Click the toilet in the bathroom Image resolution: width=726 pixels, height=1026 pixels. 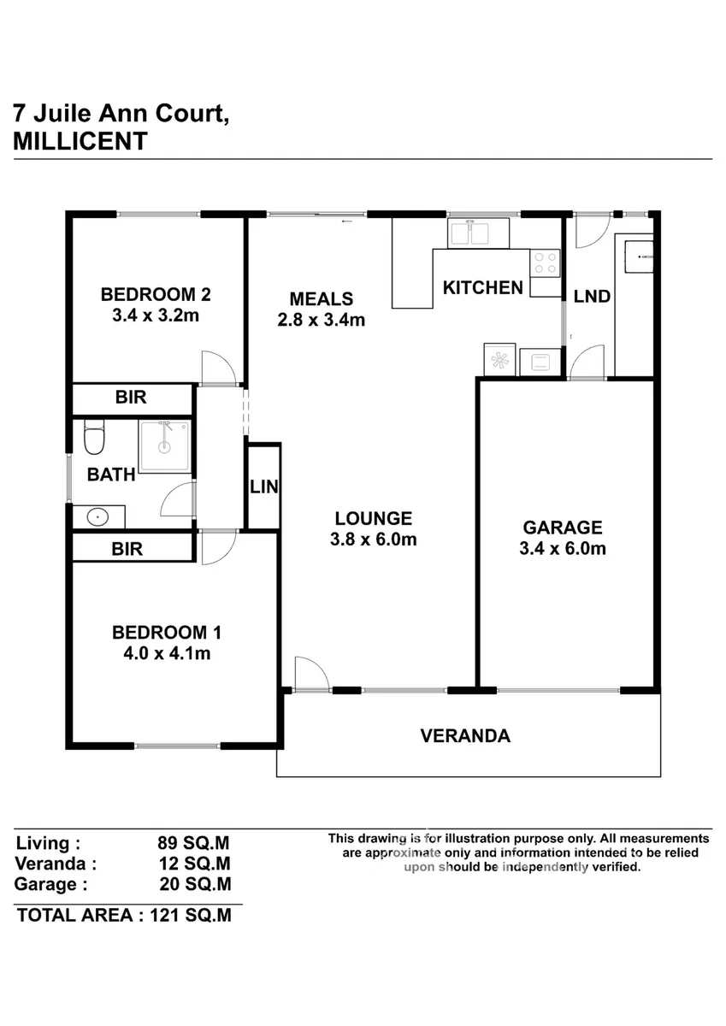94,438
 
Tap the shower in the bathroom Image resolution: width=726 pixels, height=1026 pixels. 165,446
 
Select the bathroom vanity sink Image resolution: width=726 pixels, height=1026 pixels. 97,517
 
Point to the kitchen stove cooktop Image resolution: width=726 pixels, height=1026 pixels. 545,263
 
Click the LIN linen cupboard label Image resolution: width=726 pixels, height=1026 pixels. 264,486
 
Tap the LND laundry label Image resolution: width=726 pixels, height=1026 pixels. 592,297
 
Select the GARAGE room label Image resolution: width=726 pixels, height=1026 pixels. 563,528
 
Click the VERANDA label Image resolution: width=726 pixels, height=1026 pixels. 465,735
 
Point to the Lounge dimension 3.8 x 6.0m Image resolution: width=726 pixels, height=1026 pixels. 374,540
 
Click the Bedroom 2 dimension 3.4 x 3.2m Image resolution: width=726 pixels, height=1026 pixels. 156,315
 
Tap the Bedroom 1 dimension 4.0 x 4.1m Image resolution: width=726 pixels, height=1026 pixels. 167,653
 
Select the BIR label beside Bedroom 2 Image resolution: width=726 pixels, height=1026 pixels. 131,397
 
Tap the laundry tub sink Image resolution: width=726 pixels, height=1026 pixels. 638,256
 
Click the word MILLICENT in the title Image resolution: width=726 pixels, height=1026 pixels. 80,141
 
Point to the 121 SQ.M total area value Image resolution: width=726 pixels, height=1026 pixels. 191,915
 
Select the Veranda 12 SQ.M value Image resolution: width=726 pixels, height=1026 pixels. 194,864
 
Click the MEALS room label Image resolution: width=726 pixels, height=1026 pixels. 321,299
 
